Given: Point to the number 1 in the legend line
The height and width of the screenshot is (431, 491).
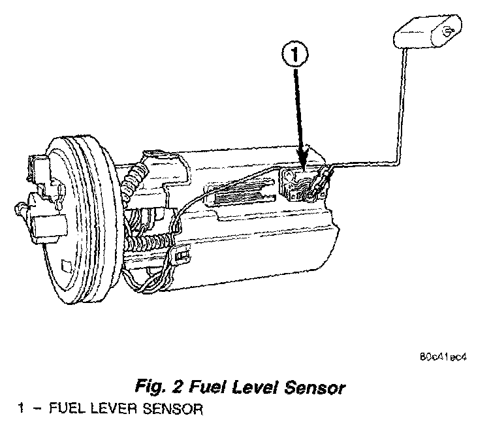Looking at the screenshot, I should point(21,410).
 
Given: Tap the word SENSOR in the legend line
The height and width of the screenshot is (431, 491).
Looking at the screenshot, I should point(153,410).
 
